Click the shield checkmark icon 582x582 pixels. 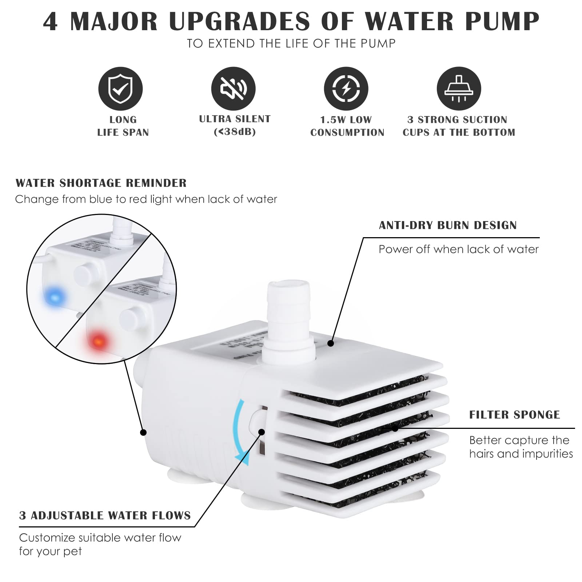(x=120, y=89)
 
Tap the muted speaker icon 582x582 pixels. (x=233, y=89)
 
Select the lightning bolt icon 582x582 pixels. (x=346, y=89)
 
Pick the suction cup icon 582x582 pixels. (x=459, y=89)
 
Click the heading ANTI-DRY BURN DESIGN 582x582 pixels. (x=448, y=226)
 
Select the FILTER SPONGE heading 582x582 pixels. (x=514, y=415)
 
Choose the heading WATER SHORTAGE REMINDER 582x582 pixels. (x=101, y=183)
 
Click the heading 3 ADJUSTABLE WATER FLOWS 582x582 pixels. (x=105, y=515)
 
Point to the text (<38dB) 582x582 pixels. (x=235, y=132)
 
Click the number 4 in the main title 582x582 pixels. (x=51, y=21)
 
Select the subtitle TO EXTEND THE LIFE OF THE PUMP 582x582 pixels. (x=291, y=44)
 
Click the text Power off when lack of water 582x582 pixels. (x=458, y=249)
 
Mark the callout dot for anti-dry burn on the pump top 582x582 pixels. (x=330, y=343)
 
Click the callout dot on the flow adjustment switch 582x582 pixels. (x=262, y=432)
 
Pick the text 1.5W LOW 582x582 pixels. (x=346, y=120)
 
